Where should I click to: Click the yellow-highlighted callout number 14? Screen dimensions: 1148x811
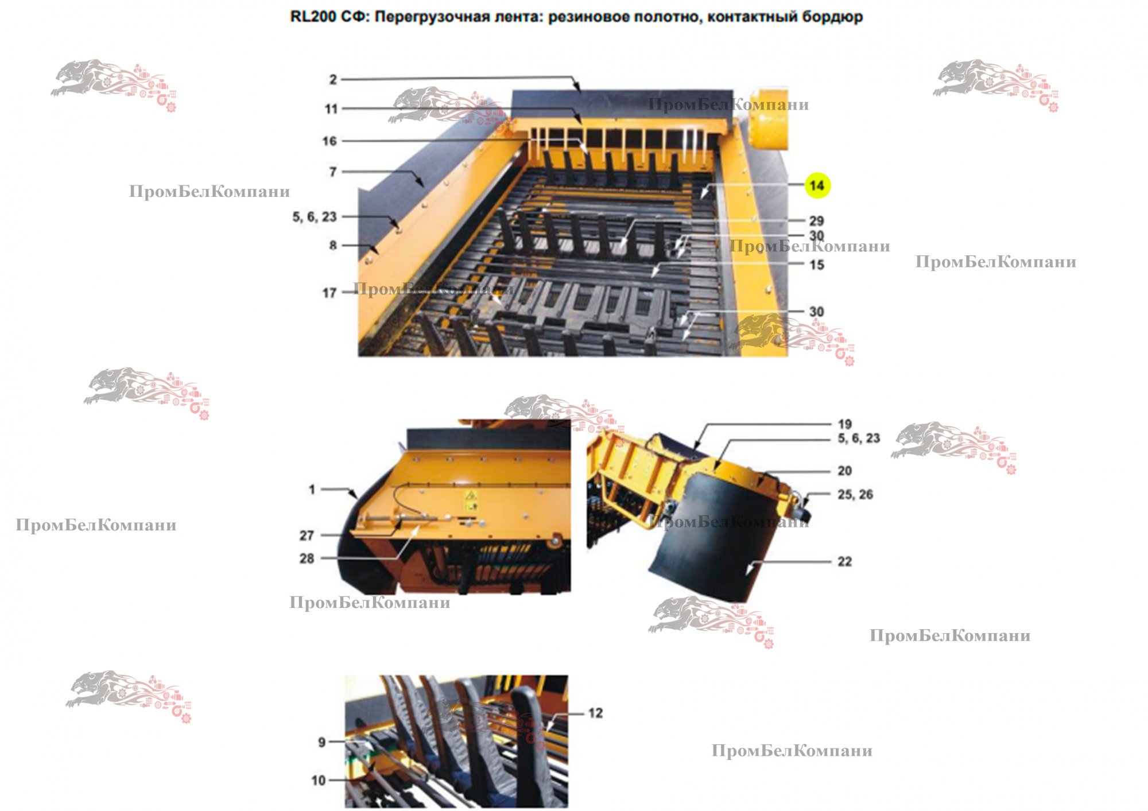click(x=817, y=185)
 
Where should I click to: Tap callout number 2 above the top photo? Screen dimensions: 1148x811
click(x=333, y=79)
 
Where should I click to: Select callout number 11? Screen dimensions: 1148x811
click(x=331, y=108)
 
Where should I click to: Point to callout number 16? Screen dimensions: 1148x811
click(x=329, y=141)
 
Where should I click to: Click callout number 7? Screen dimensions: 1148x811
click(x=333, y=172)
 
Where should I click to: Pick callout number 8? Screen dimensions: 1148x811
click(x=333, y=245)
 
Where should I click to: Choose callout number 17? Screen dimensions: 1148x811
click(x=329, y=293)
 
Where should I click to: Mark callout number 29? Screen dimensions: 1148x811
click(x=816, y=221)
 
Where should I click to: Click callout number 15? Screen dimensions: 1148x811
click(x=816, y=265)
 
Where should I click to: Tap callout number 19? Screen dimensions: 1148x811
click(x=844, y=424)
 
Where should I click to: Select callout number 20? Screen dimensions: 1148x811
click(x=844, y=471)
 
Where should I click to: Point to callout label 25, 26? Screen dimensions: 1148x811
click(x=855, y=494)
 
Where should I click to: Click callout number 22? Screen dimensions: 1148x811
click(x=844, y=561)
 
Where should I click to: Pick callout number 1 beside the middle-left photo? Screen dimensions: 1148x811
click(x=312, y=489)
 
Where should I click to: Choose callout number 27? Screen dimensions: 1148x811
click(x=307, y=535)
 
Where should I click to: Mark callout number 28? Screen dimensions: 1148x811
click(x=307, y=558)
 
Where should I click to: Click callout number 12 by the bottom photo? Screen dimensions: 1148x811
click(x=595, y=713)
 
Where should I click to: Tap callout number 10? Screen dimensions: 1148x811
click(x=318, y=780)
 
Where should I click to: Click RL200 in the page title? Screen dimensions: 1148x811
click(x=313, y=17)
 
